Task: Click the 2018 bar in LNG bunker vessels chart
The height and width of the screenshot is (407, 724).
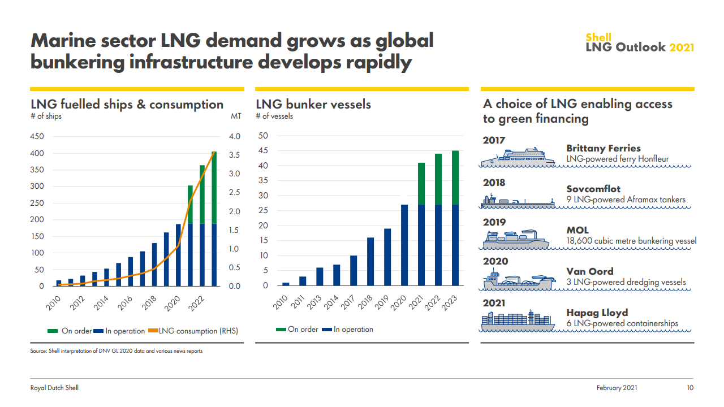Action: [x=370, y=262]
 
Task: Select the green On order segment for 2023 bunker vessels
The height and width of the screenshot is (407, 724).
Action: [x=455, y=177]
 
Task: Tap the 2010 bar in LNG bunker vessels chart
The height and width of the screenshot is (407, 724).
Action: [x=286, y=284]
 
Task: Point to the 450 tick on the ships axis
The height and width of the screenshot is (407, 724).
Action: [x=37, y=137]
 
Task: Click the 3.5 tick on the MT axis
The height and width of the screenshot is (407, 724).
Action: [x=234, y=155]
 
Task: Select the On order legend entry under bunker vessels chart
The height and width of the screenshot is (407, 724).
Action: [x=297, y=330]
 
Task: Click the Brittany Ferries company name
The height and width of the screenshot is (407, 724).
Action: [x=604, y=149]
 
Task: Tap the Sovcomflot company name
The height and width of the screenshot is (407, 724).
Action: [x=593, y=189]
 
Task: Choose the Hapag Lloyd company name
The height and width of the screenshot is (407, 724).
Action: [x=597, y=313]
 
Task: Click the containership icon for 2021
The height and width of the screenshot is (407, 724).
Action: [x=517, y=321]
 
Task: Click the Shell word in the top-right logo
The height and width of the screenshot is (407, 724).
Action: [x=598, y=38]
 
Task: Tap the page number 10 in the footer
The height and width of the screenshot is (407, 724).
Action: [x=689, y=388]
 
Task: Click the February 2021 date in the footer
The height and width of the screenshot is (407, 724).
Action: [x=617, y=388]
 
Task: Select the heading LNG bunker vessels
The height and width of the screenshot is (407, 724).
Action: [x=313, y=105]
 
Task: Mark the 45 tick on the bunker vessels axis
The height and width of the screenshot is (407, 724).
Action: [x=263, y=151]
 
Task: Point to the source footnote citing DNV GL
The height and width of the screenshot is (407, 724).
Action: [x=116, y=351]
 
